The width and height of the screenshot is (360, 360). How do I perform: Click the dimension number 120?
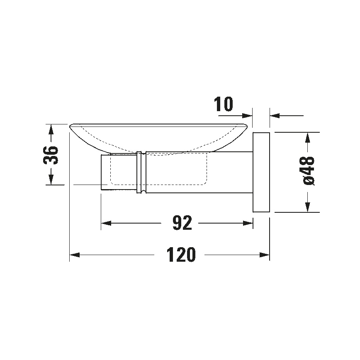coord(181,255)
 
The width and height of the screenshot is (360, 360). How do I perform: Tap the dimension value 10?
coord(224,105)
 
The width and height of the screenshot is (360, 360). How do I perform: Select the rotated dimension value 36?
coord(51,155)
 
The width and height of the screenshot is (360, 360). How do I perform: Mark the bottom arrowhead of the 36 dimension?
coord(51,179)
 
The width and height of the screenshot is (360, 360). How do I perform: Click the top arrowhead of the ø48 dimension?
coord(307,137)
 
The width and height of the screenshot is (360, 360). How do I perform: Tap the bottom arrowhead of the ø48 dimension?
coord(307,207)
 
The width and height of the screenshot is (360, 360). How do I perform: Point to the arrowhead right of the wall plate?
coord(275,116)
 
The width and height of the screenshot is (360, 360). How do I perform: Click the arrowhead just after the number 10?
coord(248,116)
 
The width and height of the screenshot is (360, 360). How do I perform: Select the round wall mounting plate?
coord(261,172)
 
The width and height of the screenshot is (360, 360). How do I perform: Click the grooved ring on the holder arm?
coord(141,172)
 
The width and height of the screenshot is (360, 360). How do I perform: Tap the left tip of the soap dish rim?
coord(70,125)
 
